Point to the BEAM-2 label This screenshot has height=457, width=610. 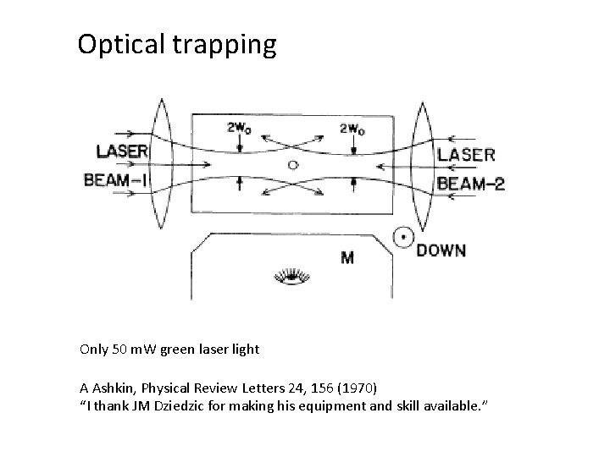pos(471,183)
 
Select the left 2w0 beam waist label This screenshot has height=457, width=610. pos(238,129)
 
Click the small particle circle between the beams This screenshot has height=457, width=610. pos(293,162)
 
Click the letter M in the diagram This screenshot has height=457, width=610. pos(347,256)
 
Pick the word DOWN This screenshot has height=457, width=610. pos(441,250)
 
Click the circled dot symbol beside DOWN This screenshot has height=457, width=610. pos(403,239)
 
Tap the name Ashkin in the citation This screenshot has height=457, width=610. pos(114,388)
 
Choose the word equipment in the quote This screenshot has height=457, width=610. pos(326,405)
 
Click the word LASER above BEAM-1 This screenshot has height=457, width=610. pos(123,152)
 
